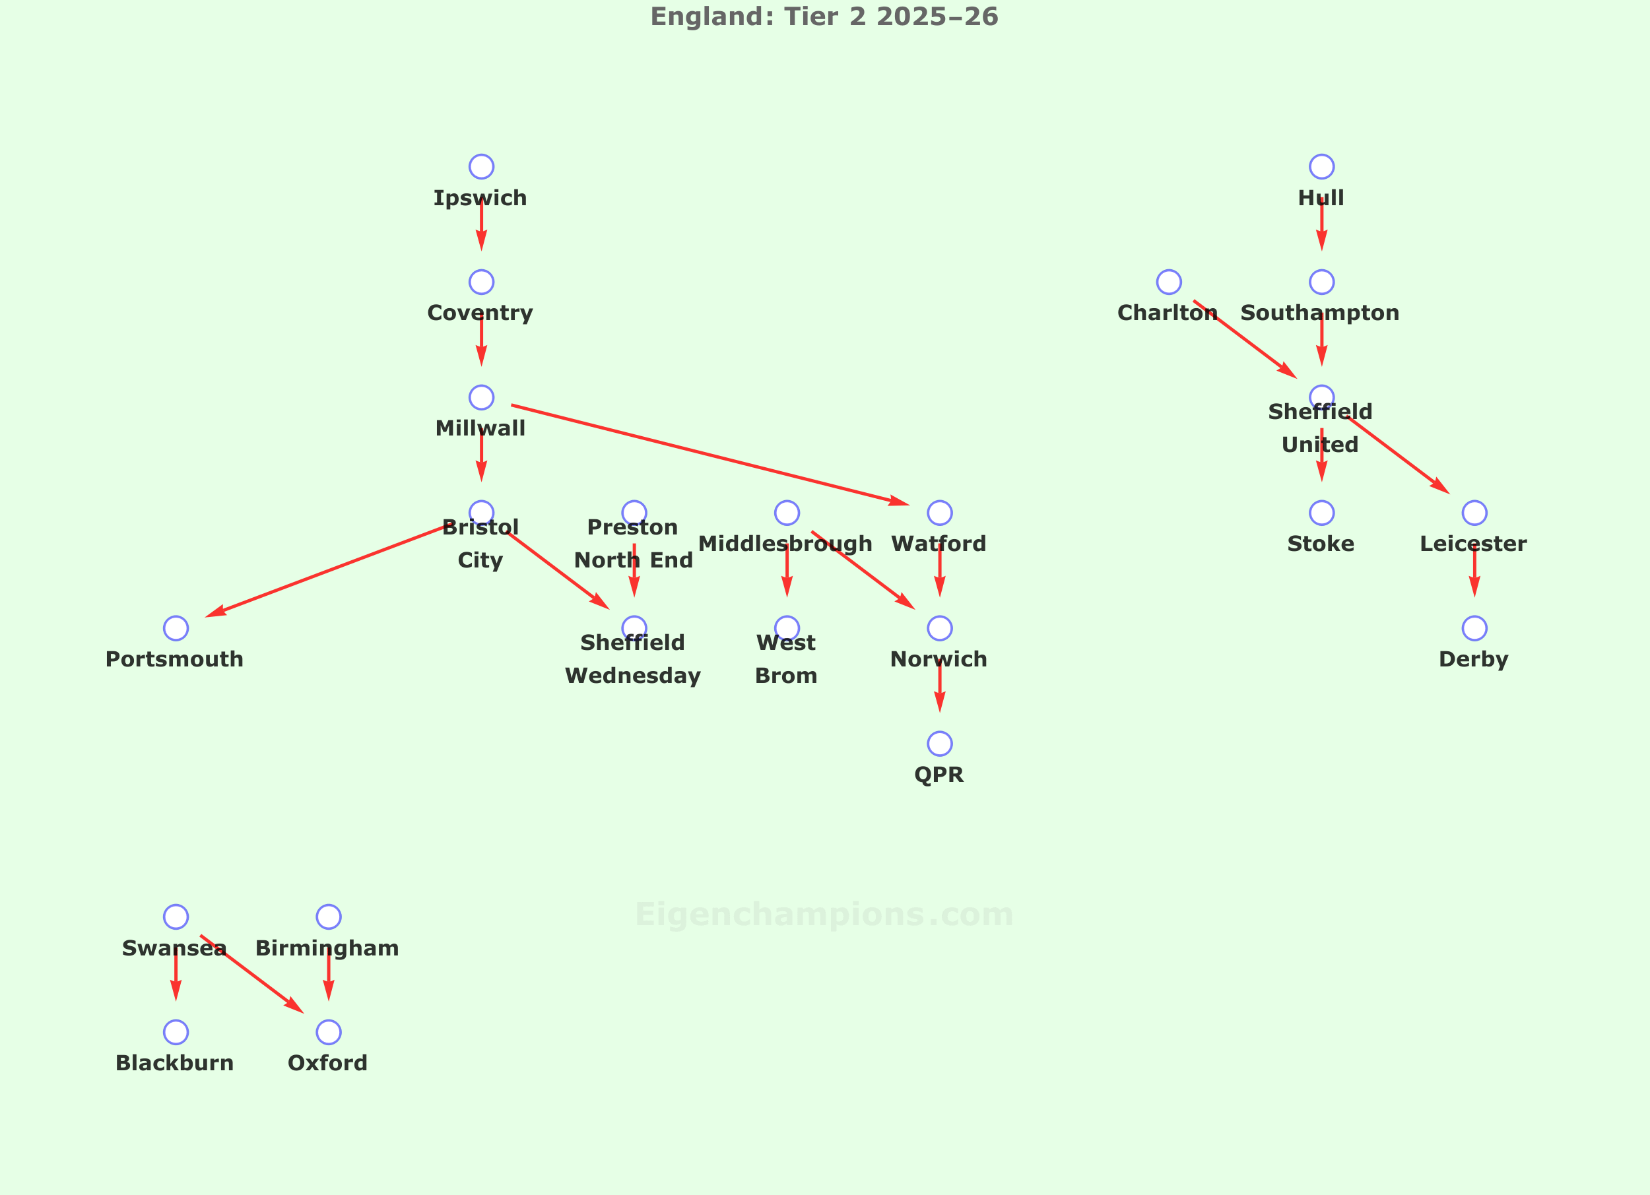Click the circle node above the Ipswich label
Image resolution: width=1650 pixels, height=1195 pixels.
click(482, 166)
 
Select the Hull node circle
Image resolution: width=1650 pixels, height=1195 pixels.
click(1322, 166)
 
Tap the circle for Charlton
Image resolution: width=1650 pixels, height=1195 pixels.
click(1169, 282)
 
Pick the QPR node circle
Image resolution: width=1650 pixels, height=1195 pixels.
click(940, 744)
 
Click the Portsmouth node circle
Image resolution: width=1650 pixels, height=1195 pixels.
click(176, 628)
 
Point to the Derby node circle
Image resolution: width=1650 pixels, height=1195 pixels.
click(1474, 628)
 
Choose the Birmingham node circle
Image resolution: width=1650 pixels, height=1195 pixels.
click(329, 917)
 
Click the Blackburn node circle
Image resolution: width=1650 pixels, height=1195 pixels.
click(176, 1032)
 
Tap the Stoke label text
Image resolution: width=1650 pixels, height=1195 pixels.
click(1321, 544)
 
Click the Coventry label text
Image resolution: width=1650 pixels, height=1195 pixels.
click(480, 313)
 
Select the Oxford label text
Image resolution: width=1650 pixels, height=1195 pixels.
click(328, 1063)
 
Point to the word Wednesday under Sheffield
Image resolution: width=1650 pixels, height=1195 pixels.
click(633, 676)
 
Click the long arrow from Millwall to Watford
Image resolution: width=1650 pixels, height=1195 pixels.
click(709, 455)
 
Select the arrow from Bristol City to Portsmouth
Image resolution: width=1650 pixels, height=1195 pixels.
click(327, 571)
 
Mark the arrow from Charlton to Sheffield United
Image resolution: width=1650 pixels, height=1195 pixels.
click(1244, 339)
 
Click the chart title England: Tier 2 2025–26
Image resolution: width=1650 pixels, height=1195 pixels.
click(824, 16)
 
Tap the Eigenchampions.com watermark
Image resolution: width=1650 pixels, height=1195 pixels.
click(824, 915)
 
